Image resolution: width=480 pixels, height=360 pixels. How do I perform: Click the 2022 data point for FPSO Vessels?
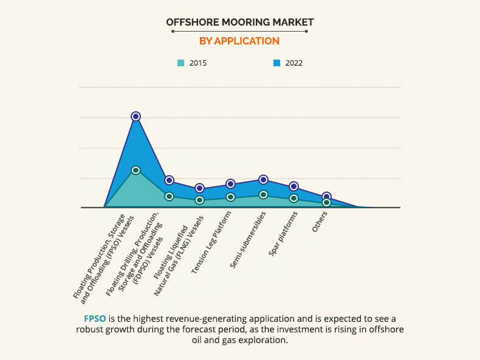pos(135,116)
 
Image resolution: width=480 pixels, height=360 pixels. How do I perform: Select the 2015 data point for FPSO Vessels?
pos(135,170)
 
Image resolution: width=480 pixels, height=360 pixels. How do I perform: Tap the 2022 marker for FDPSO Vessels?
pos(170,180)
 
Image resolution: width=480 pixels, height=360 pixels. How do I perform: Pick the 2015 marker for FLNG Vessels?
pos(199,200)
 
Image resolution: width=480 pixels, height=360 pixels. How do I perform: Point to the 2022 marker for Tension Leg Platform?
pos(230,184)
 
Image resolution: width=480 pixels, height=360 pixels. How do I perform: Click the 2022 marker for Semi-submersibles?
pos(263,179)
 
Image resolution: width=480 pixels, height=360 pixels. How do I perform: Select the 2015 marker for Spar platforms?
pos(293,198)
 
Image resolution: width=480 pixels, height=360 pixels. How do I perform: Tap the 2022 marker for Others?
pos(326,196)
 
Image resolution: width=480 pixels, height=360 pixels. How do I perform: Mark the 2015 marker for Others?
pos(326,202)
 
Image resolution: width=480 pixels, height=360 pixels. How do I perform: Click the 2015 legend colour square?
pos(180,63)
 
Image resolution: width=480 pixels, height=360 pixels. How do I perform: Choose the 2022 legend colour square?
pos(276,63)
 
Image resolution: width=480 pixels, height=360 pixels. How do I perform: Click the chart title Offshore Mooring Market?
pos(239,22)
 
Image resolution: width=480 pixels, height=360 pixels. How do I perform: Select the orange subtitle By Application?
pos(239,41)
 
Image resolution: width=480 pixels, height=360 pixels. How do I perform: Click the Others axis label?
pos(320,223)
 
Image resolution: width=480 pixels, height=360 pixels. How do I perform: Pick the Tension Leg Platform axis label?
pos(211,243)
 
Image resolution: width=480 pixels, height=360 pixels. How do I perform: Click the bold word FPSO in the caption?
pos(96,319)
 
